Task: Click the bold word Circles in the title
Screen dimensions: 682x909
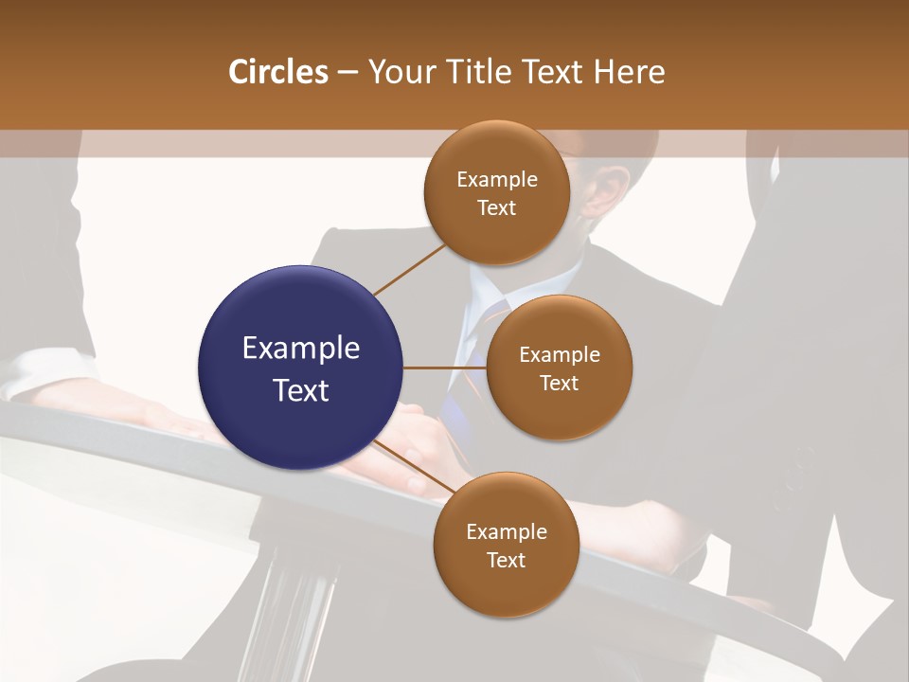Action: (277, 72)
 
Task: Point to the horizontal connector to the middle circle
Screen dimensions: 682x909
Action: (444, 368)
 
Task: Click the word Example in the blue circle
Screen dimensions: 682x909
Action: (300, 349)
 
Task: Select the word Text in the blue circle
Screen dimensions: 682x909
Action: (300, 389)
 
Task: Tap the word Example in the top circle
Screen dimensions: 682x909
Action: (496, 180)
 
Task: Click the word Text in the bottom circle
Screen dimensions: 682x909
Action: (506, 560)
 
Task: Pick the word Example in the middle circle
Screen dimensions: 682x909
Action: (559, 355)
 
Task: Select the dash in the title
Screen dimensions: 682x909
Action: (347, 72)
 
